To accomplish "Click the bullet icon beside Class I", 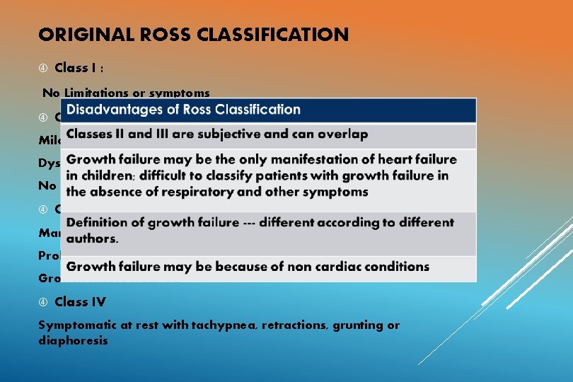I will click(43, 69).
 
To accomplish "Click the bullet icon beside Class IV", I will click(43, 302).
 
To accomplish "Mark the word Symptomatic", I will click(75, 325).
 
